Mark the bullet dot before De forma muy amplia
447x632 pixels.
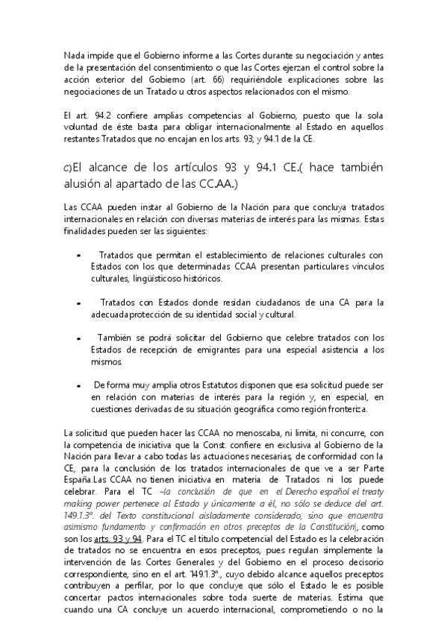point(80,385)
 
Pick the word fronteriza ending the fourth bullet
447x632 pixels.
point(346,408)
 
